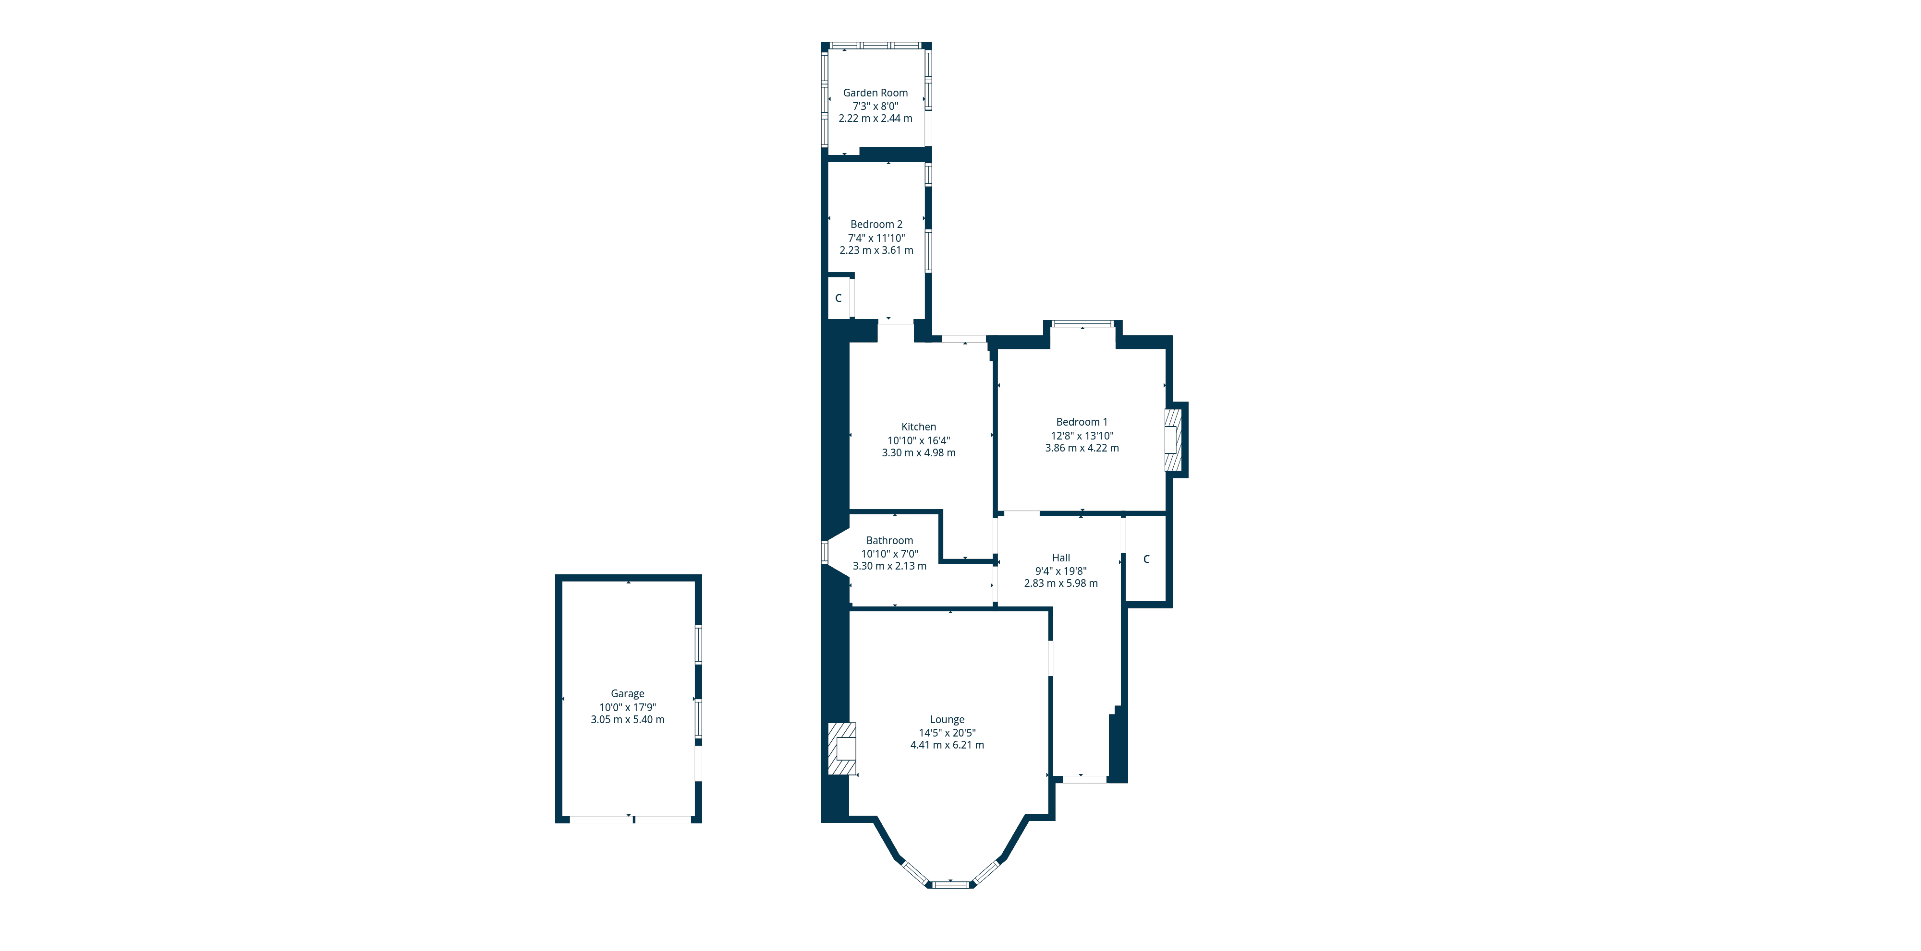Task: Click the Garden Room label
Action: tap(875, 93)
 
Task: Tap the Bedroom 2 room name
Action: tap(876, 225)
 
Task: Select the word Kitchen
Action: tap(919, 427)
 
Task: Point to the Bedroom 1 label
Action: tap(1082, 422)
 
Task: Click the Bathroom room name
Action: tap(889, 540)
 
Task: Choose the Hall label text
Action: tap(1061, 558)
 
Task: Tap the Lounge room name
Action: tap(947, 719)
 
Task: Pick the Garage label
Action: tap(628, 694)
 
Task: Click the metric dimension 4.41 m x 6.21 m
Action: tap(947, 745)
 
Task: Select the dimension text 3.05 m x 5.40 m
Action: tap(628, 720)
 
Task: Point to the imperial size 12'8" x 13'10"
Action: tap(1082, 435)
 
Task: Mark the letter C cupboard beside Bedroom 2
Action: tap(838, 298)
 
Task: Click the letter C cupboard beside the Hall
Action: tap(1146, 559)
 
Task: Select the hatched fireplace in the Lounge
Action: tap(842, 749)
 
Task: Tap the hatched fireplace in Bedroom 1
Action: tap(1174, 440)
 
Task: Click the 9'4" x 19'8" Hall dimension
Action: tap(1061, 571)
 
